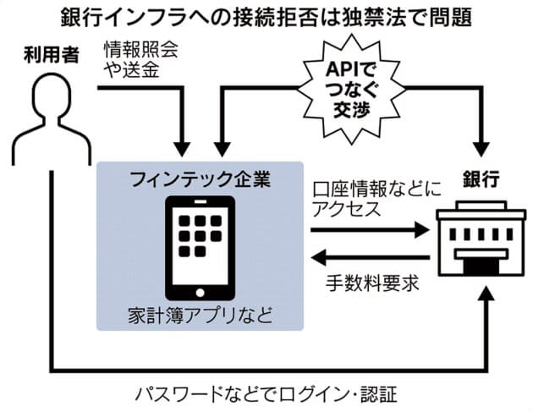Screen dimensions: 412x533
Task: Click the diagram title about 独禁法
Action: pyautogui.click(x=266, y=17)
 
